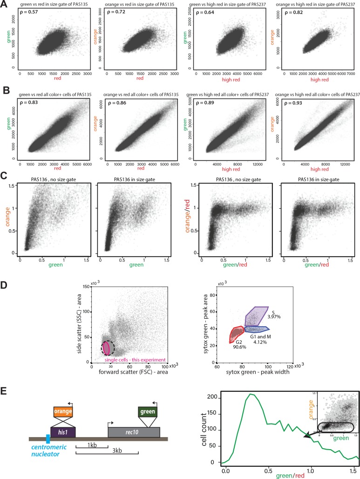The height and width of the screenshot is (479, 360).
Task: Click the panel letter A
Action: tap(4, 4)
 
